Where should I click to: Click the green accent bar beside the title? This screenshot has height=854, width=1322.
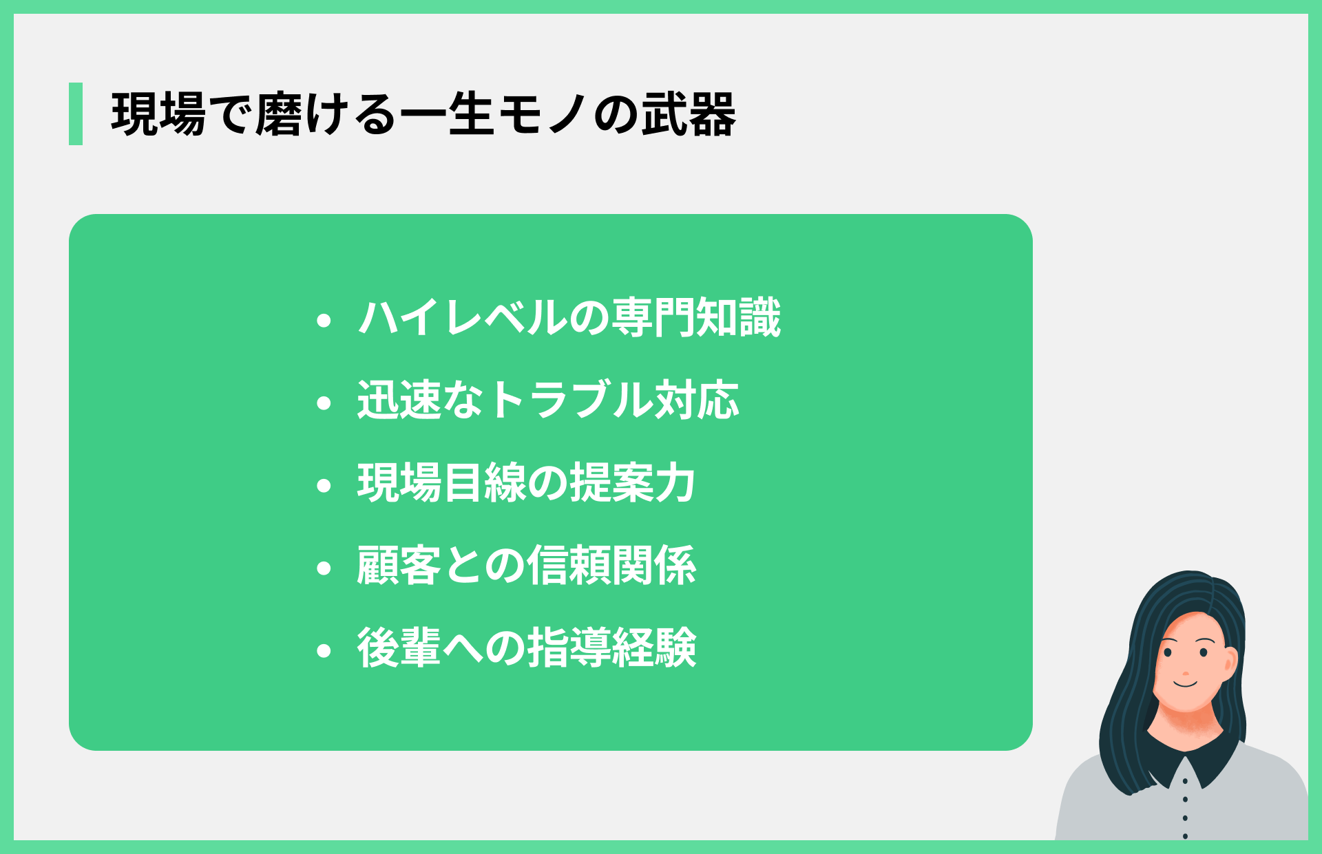tap(76, 114)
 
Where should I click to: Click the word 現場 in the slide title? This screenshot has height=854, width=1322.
tap(158, 114)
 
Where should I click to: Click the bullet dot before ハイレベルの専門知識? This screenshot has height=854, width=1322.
tap(324, 321)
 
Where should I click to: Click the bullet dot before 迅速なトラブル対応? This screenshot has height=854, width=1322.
tap(324, 403)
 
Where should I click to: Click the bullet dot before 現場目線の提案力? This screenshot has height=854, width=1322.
tap(324, 486)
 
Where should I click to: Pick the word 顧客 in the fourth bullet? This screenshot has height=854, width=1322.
tap(399, 566)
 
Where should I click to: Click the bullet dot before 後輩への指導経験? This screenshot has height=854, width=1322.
tap(324, 651)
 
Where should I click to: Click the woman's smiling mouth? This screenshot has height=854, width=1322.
tap(1186, 684)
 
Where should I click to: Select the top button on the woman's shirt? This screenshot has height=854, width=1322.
tap(1185, 781)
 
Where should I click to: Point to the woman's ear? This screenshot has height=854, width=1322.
tap(1230, 661)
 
